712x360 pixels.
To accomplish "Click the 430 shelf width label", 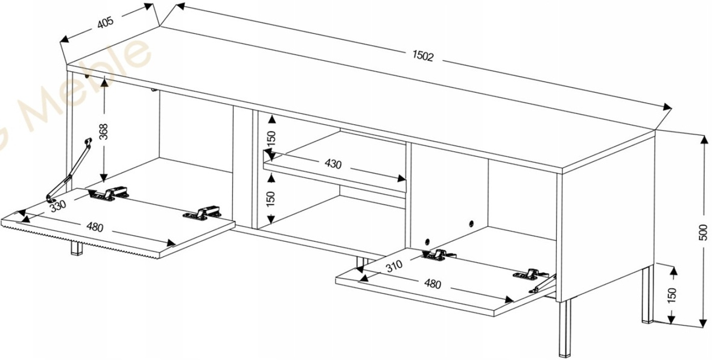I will click(x=334, y=164).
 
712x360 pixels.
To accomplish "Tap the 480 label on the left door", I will click(x=95, y=227).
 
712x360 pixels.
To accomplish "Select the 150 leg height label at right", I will click(x=672, y=295).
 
